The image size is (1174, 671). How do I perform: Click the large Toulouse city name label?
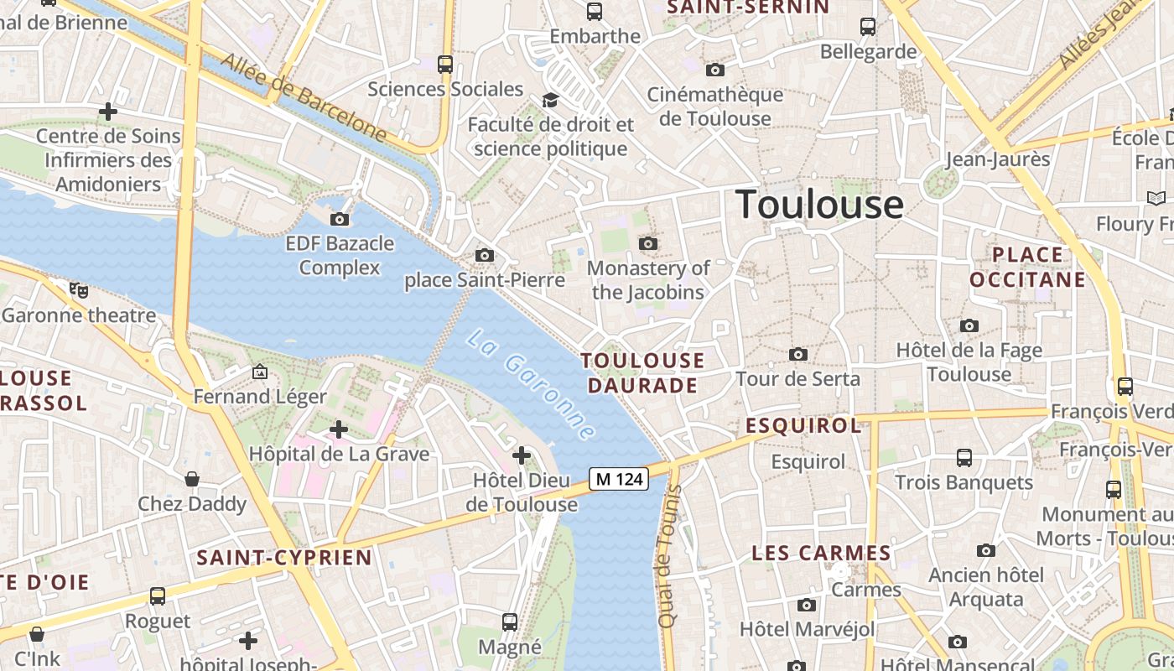tap(819, 205)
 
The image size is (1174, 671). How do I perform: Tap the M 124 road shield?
tap(619, 479)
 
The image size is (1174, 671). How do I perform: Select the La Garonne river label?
tap(532, 385)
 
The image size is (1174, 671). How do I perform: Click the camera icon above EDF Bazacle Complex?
tap(340, 220)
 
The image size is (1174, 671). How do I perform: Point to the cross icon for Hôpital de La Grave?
tap(339, 430)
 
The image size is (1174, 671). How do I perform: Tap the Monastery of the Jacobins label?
tap(648, 280)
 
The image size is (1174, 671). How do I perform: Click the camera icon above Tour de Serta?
tap(798, 355)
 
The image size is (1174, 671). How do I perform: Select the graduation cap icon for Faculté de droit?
tap(550, 101)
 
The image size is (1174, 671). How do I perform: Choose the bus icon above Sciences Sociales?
tap(445, 64)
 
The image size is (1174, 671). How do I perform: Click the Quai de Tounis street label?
tap(669, 555)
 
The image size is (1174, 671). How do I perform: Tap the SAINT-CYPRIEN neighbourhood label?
tap(284, 558)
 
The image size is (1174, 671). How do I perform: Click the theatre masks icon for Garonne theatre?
tap(79, 290)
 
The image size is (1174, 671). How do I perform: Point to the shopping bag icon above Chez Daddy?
tap(192, 479)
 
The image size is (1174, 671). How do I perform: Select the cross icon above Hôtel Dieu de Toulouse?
tap(522, 455)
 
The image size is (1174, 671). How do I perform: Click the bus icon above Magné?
tap(510, 622)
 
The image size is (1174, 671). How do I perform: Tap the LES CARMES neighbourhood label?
tap(821, 553)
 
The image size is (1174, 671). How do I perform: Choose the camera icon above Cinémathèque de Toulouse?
tap(714, 70)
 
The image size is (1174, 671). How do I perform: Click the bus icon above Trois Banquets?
tap(964, 458)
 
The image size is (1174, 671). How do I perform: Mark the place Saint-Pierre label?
tap(485, 280)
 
